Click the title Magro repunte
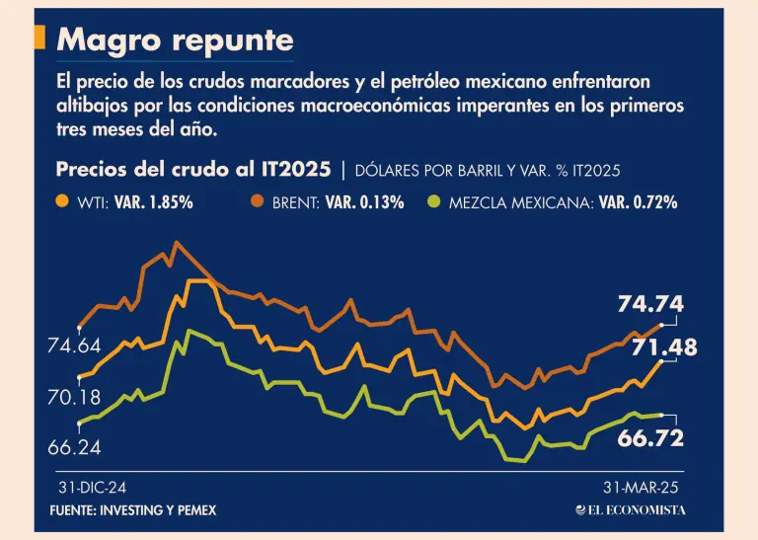(176, 40)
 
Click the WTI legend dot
(62, 202)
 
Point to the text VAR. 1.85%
(153, 203)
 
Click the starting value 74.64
(74, 346)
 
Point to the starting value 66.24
(74, 447)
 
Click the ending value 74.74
(650, 305)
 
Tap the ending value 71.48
(664, 347)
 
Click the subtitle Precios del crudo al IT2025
(194, 169)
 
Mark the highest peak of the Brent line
(176, 242)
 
